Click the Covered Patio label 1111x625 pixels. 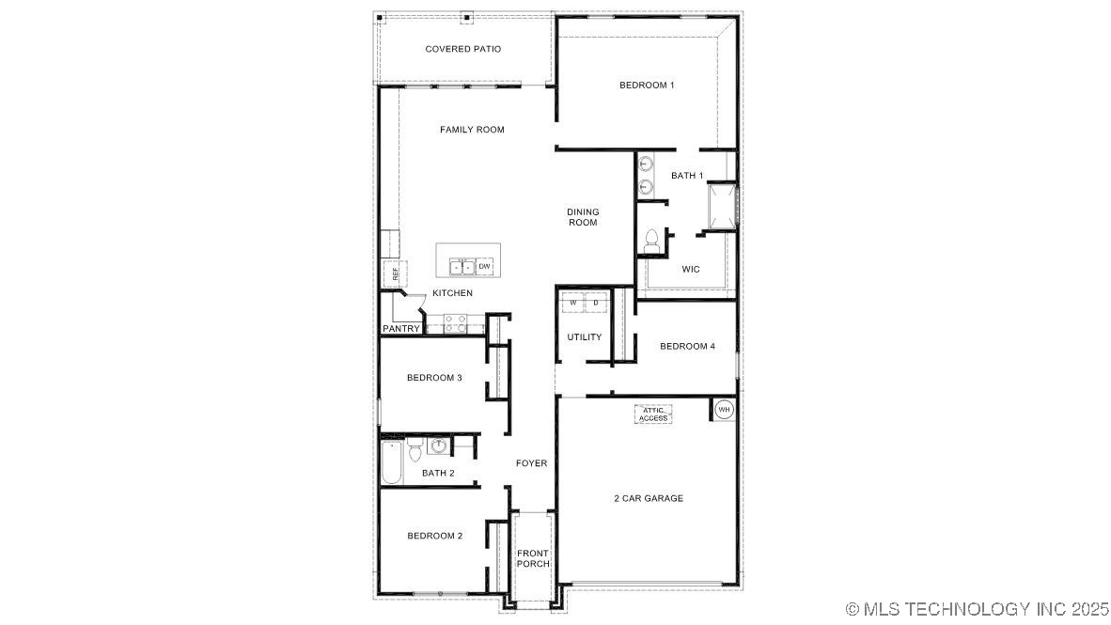pyautogui.click(x=462, y=49)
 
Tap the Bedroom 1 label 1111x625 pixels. pyautogui.click(x=647, y=86)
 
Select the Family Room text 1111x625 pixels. pyautogui.click(x=472, y=130)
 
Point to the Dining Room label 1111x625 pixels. pyautogui.click(x=583, y=217)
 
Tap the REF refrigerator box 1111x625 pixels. pyautogui.click(x=394, y=274)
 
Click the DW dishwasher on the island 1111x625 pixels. pyautogui.click(x=485, y=267)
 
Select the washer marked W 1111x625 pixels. pyautogui.click(x=573, y=303)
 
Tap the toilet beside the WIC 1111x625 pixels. pyautogui.click(x=650, y=242)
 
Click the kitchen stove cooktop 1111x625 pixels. pyautogui.click(x=454, y=322)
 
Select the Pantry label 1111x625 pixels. pyautogui.click(x=400, y=329)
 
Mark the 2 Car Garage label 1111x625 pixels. pyautogui.click(x=649, y=498)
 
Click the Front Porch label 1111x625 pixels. pyautogui.click(x=533, y=558)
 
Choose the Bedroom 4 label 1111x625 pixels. pyautogui.click(x=687, y=346)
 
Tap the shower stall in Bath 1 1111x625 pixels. pyautogui.click(x=722, y=207)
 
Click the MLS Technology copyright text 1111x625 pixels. pyautogui.click(x=978, y=609)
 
